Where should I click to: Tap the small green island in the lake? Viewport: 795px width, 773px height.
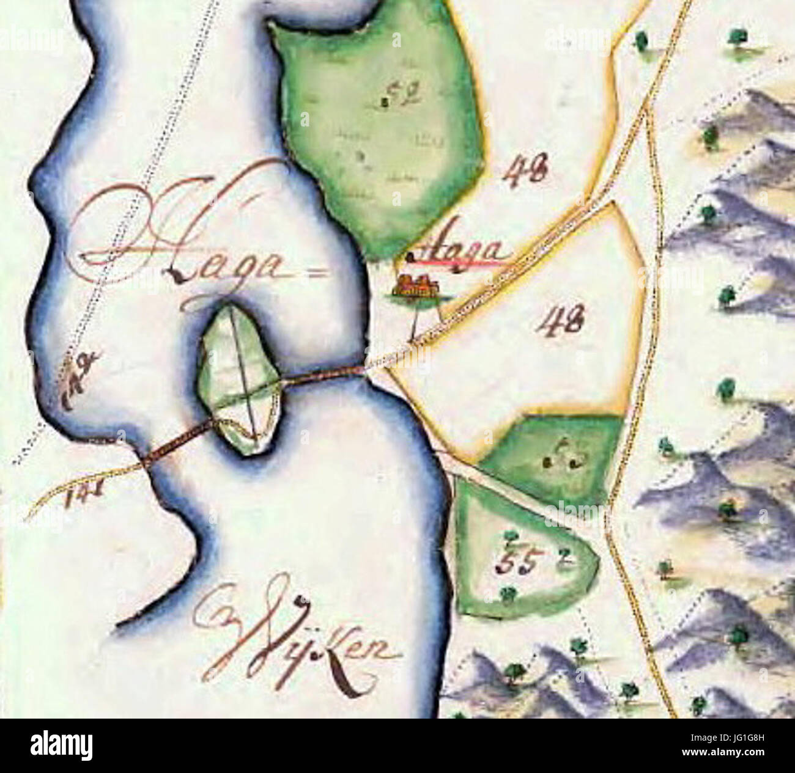pyautogui.click(x=239, y=379)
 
